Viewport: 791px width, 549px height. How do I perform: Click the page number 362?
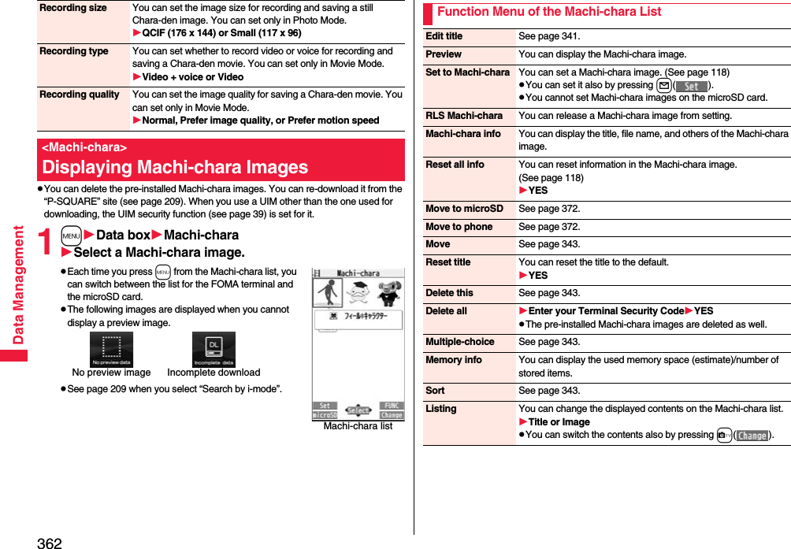coord(49,542)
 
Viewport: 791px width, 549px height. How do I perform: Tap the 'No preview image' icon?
coord(111,350)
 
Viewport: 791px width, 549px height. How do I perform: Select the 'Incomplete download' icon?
coord(214,350)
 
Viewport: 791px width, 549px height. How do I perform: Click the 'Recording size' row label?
coord(73,8)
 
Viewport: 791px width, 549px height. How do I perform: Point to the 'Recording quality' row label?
coord(80,95)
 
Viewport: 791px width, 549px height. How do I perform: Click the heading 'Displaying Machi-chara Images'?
coord(175,167)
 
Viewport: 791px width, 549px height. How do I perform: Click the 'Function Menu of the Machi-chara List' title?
coord(549,12)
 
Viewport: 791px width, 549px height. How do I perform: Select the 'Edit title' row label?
coord(444,36)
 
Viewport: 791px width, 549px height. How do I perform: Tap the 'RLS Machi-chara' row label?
coord(464,116)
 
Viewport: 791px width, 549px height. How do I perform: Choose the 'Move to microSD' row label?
coord(464,209)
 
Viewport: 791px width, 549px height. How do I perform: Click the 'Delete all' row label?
coord(446,311)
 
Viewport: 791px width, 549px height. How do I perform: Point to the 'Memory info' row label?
coord(454,360)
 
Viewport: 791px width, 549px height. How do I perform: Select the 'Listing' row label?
coord(441,409)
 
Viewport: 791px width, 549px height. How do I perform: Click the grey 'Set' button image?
coord(691,86)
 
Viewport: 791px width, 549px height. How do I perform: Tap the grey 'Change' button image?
coord(752,436)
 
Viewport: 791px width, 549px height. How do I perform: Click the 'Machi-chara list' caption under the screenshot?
coord(358,426)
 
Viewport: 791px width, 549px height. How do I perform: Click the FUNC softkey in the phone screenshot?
coord(392,406)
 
